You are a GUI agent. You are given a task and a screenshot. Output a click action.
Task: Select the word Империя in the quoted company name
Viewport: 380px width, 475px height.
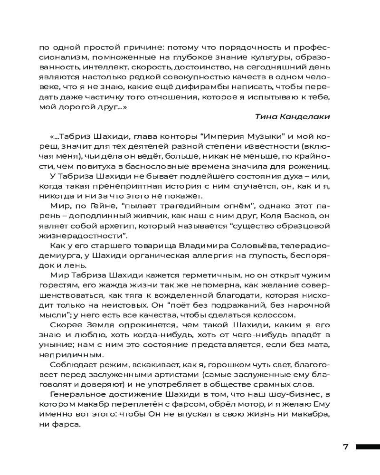(223, 138)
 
